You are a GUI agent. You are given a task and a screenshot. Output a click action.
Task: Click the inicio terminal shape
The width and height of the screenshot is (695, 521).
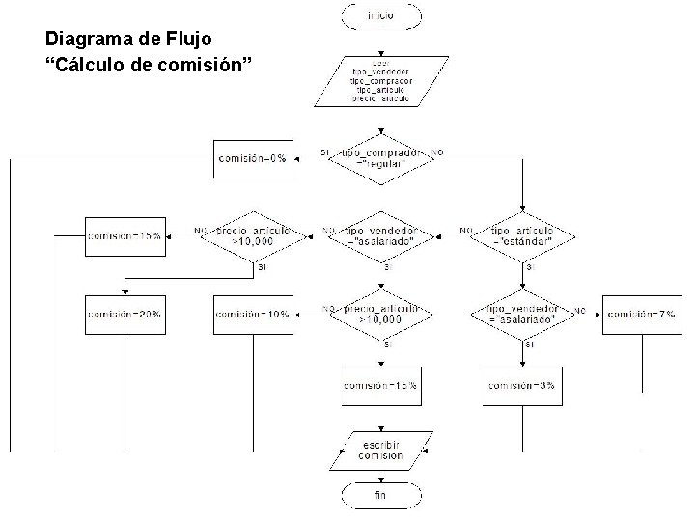[x=381, y=16]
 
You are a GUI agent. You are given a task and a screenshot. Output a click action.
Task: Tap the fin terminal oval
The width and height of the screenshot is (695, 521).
[x=381, y=496]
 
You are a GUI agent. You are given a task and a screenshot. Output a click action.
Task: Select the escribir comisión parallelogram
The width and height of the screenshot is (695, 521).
[x=381, y=450]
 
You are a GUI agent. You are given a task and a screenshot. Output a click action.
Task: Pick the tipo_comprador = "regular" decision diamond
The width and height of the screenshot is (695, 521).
[x=381, y=158]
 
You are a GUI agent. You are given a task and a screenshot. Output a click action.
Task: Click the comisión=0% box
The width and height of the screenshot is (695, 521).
[x=253, y=158]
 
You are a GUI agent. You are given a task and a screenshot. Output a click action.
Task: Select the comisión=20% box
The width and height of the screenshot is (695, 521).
[x=125, y=315]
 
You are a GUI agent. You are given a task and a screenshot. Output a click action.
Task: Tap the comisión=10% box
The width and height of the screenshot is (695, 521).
[x=253, y=315]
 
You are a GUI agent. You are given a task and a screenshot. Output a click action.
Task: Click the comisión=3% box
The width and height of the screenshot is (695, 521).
[x=521, y=386]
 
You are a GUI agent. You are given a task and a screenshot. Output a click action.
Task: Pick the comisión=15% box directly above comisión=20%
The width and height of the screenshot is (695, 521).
[x=125, y=235]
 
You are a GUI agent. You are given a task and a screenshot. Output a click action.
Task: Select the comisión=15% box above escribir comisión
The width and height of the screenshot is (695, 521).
[x=381, y=386]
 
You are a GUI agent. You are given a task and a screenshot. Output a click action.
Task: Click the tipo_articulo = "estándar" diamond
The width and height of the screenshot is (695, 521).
[x=522, y=236]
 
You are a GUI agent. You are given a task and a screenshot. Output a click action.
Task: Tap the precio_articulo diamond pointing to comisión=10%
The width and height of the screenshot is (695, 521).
[x=381, y=314]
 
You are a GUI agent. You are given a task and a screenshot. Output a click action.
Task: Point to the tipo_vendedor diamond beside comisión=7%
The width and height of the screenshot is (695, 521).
[x=522, y=314]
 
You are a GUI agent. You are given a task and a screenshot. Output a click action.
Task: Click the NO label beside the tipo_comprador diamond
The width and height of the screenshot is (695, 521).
[x=437, y=152]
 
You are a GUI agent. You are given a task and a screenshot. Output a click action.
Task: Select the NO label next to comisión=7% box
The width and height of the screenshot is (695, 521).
[x=580, y=310]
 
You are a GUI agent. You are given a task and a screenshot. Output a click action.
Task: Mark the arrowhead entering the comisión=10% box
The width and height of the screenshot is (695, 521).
[x=296, y=314]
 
